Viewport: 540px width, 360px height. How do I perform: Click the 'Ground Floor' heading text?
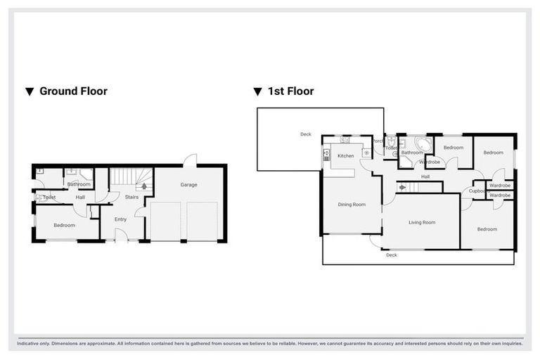[x=73, y=91]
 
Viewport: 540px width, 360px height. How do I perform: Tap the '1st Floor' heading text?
[x=290, y=91]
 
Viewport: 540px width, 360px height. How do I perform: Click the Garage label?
[x=188, y=185]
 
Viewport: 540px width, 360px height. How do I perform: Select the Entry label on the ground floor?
[x=121, y=219]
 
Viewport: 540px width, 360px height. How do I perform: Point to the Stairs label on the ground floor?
[x=131, y=198]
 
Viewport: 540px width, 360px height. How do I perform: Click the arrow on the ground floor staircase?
[x=145, y=186]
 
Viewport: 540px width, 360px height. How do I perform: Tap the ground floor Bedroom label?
[x=65, y=226]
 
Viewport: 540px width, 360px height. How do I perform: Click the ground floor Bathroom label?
[x=79, y=184]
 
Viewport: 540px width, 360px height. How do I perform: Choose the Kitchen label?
[x=346, y=156]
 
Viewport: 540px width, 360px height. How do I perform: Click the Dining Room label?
[x=352, y=205]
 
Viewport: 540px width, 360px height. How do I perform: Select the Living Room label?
[x=422, y=222]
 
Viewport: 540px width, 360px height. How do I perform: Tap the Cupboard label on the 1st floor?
[x=479, y=191]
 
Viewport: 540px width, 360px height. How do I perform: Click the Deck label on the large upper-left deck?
[x=305, y=134]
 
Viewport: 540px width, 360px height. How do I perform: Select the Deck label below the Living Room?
[x=392, y=255]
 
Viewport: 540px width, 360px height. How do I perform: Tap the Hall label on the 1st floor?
[x=425, y=177]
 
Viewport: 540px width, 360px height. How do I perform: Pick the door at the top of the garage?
[x=188, y=160]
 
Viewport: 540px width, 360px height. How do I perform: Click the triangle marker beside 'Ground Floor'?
[x=30, y=91]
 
